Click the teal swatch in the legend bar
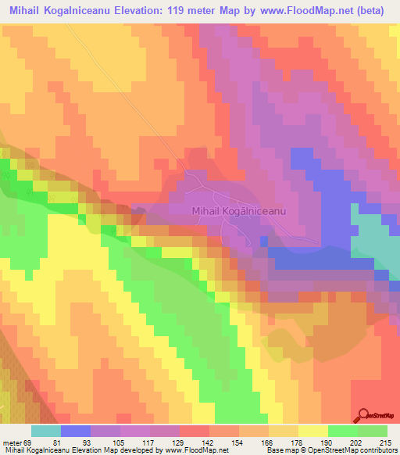[x=46, y=430]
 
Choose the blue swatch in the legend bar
[x=76, y=430]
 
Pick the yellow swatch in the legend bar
[x=313, y=430]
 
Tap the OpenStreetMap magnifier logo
[x=365, y=417]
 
